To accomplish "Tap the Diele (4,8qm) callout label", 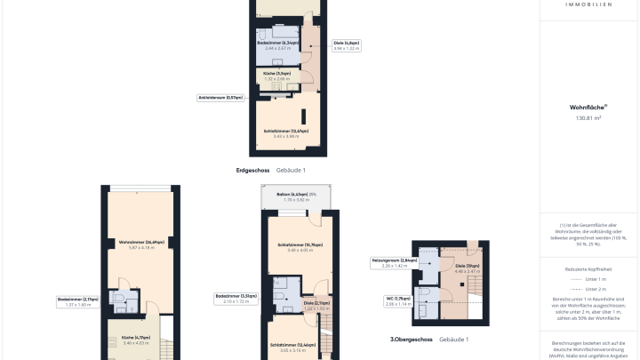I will (347, 45).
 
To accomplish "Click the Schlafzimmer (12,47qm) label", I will (286, 133).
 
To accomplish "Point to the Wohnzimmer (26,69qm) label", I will (142, 244).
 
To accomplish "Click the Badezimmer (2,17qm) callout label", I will (79, 301).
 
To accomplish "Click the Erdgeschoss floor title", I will (253, 170).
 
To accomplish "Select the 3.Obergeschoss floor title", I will (412, 340).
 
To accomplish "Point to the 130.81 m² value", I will (588, 117).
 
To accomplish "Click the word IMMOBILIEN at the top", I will (588, 4).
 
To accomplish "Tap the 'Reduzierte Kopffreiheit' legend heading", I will (588, 268).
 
